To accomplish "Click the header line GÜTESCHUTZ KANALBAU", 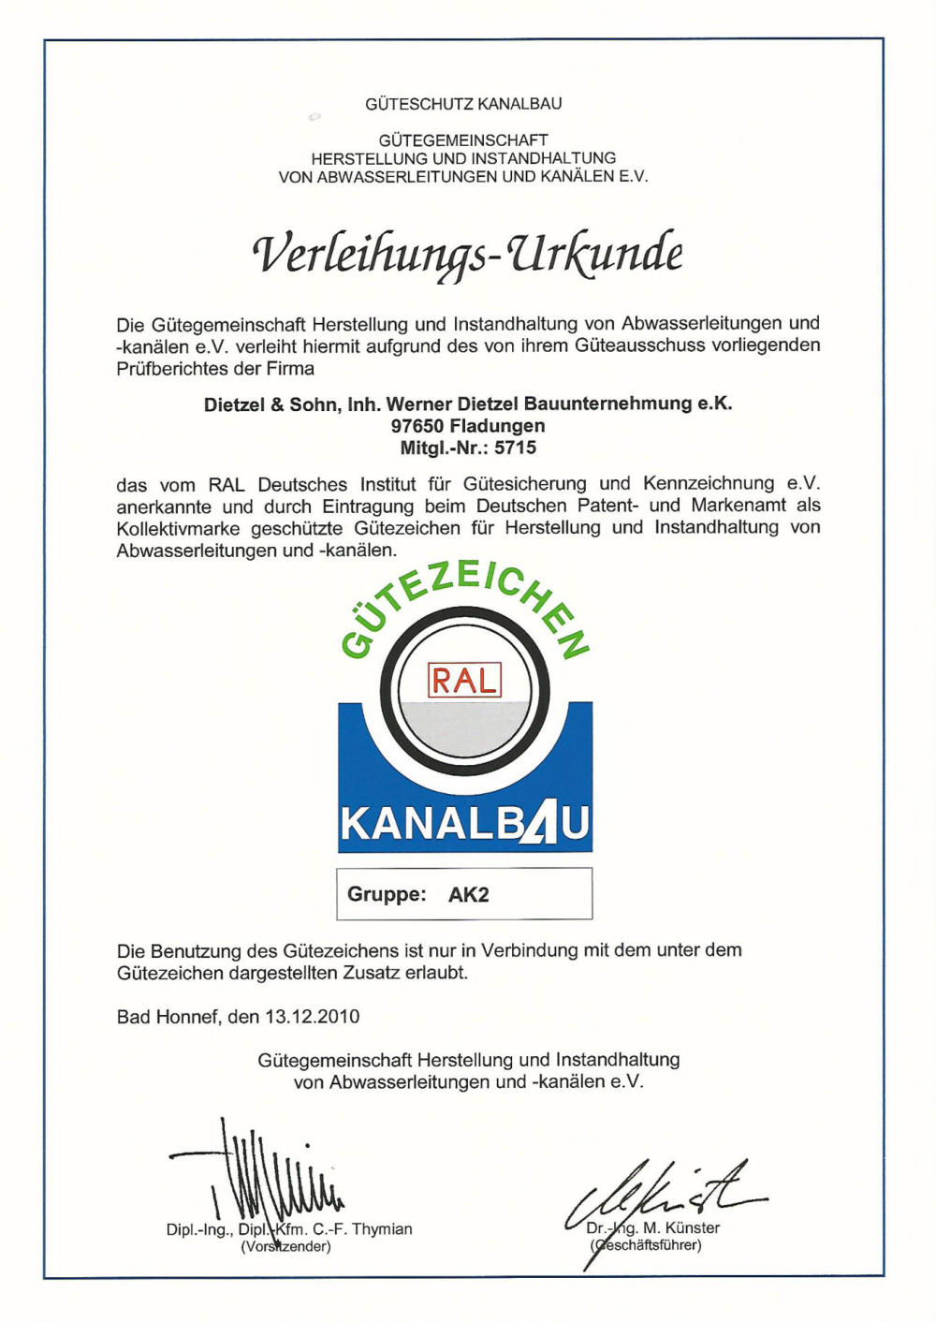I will click(x=463, y=104).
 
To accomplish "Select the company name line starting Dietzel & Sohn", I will click(x=468, y=404).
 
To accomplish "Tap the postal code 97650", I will click(x=417, y=426).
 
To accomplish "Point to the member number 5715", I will click(x=516, y=448).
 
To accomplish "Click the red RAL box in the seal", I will click(x=464, y=680).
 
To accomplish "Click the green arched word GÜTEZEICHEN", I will click(x=464, y=599).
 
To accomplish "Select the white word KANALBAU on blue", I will click(x=464, y=824).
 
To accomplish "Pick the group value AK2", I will click(x=469, y=895).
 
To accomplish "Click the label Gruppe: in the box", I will click(x=387, y=895).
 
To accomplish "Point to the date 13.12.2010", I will click(x=313, y=1017).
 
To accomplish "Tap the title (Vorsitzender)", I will click(x=285, y=1247).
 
